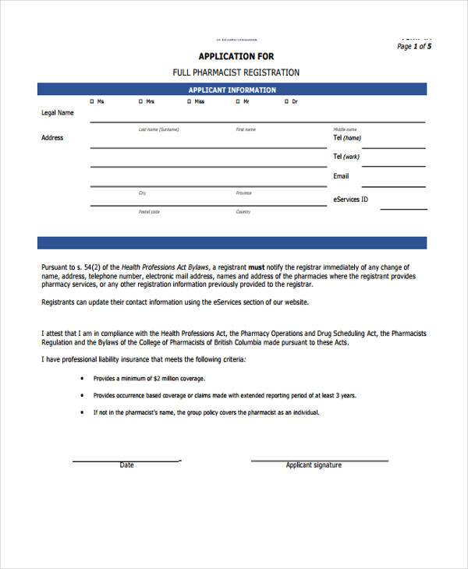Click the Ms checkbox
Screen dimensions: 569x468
coord(92,102)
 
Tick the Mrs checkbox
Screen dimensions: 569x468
coord(140,102)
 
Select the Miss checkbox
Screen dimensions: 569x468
coord(189,102)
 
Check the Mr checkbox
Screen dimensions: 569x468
coord(238,102)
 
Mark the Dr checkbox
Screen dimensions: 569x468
coord(286,102)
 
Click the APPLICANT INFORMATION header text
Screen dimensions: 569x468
coord(232,90)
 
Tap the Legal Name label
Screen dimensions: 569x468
coord(57,113)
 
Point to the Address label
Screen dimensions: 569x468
coord(52,138)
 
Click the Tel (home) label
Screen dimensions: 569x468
coord(348,138)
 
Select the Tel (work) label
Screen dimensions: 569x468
coord(347,157)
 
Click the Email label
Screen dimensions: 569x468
coord(341,176)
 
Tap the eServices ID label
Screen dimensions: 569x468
coord(351,200)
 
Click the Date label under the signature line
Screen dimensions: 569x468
coord(126,465)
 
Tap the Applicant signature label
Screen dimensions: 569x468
coord(314,465)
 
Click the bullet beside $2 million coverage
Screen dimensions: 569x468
coord(83,379)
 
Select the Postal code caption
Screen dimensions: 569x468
coord(149,212)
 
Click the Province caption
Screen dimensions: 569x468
coord(243,193)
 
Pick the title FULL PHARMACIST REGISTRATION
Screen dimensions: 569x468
coord(236,72)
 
